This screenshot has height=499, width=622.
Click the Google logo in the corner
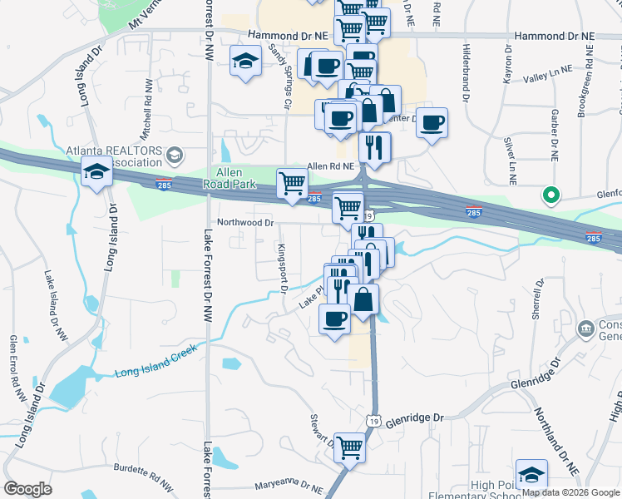pyautogui.click(x=27, y=489)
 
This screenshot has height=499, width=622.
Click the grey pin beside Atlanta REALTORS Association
pyautogui.click(x=175, y=155)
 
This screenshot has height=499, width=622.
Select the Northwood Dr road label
pyautogui.click(x=244, y=223)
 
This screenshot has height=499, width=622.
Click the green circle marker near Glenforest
pyautogui.click(x=550, y=195)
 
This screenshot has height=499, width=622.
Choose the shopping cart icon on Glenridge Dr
pyautogui.click(x=350, y=447)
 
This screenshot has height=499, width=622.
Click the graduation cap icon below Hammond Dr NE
pyautogui.click(x=245, y=62)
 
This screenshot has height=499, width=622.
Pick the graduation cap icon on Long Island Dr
pyautogui.click(x=96, y=172)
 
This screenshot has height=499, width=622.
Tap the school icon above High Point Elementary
pyautogui.click(x=531, y=474)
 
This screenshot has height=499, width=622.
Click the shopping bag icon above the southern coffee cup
pyautogui.click(x=363, y=299)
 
